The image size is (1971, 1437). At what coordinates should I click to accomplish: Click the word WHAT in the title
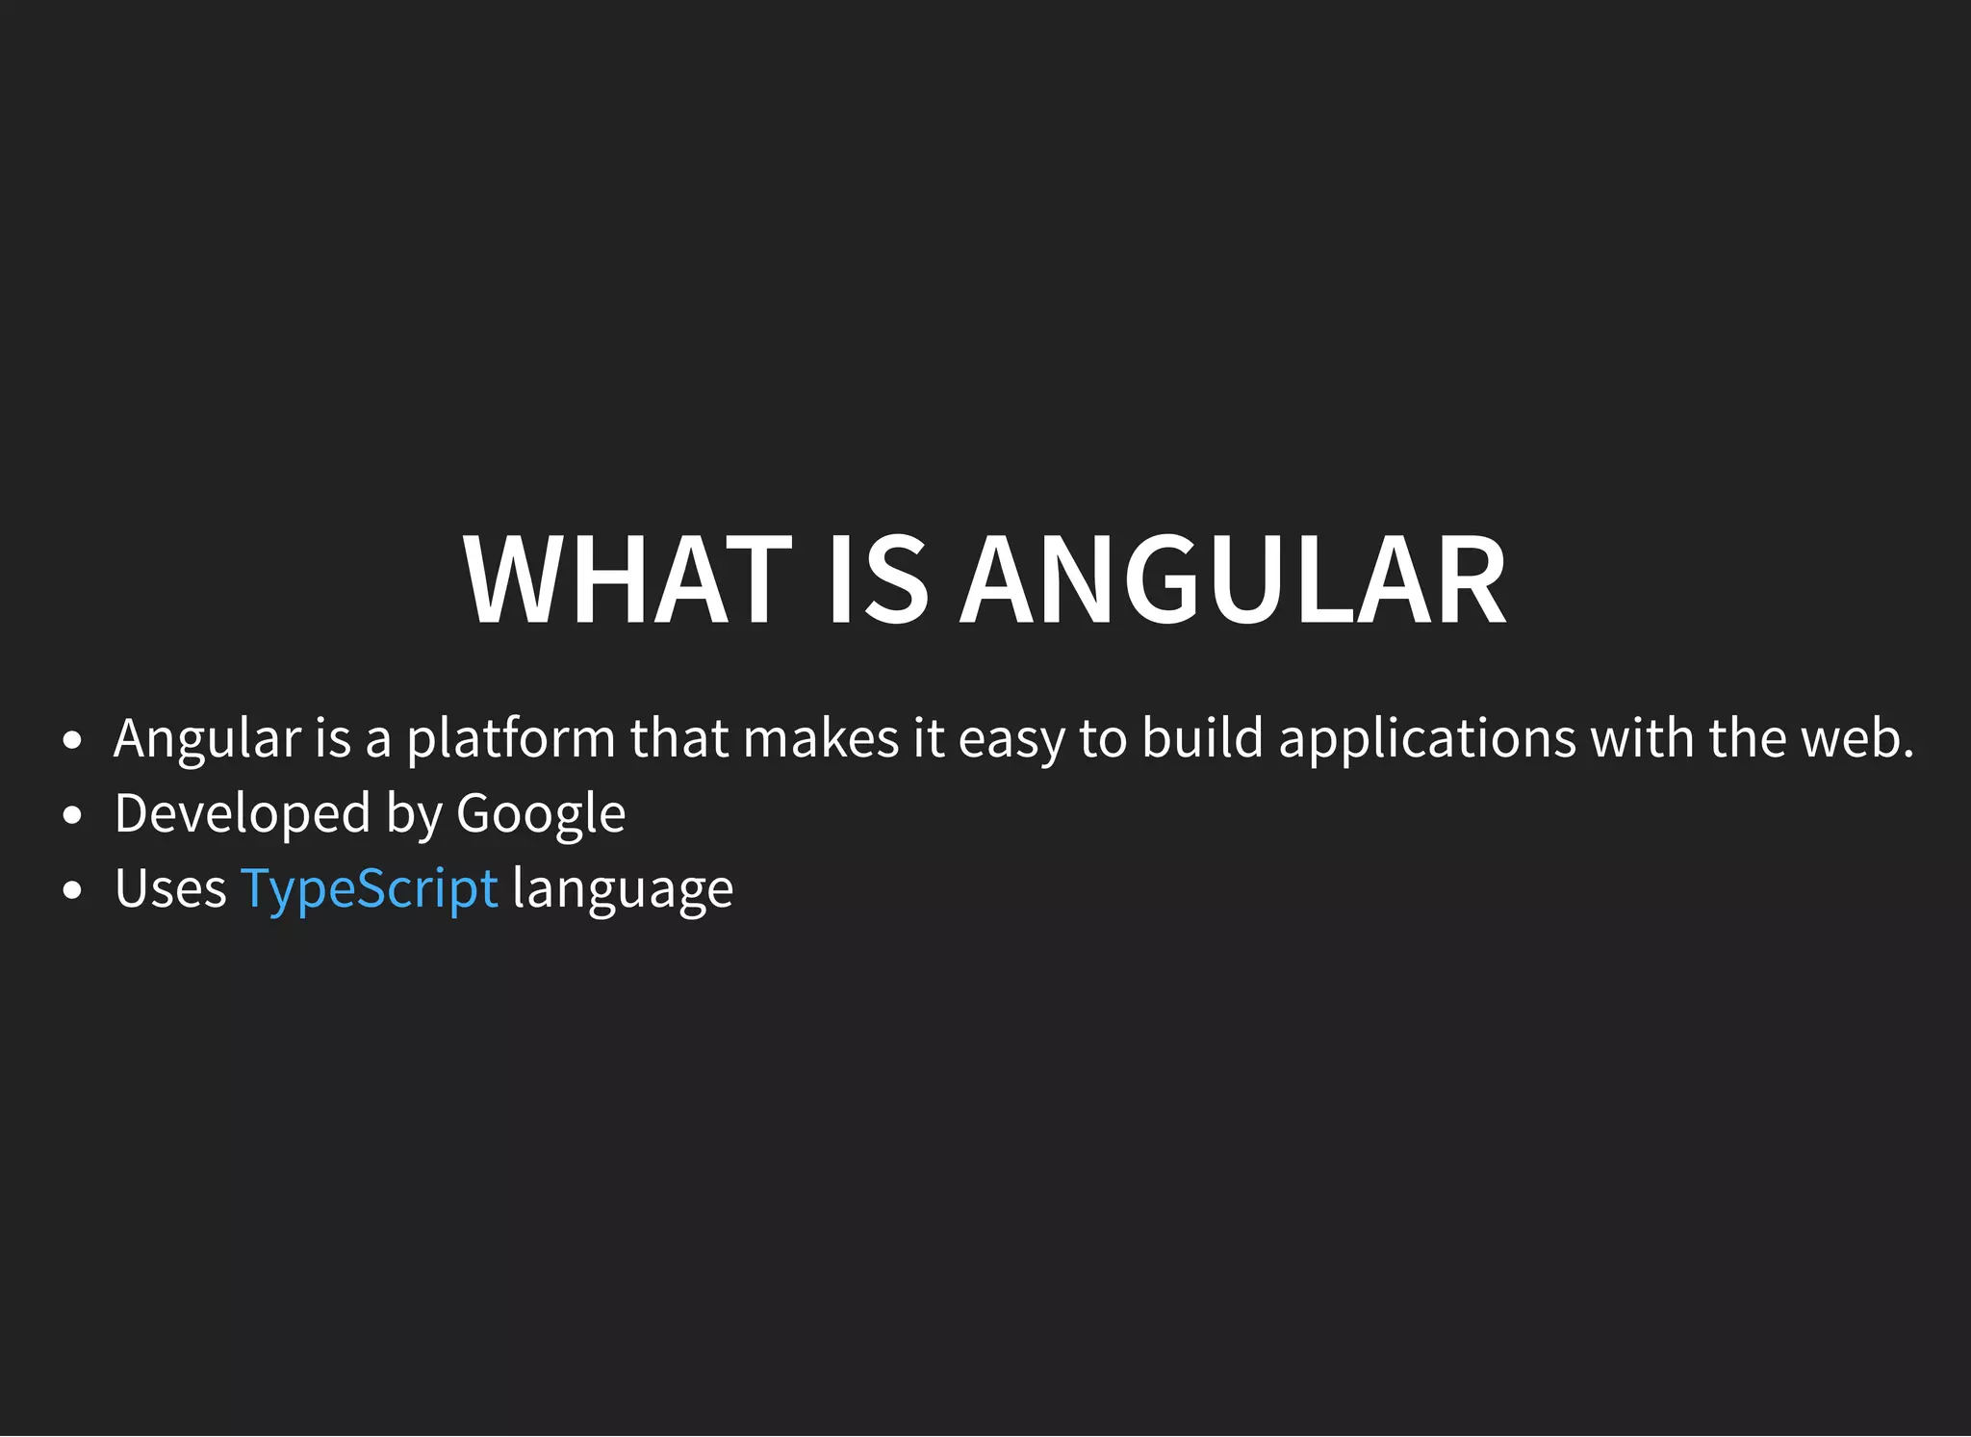[627, 580]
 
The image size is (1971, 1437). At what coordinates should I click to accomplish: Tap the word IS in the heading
[878, 580]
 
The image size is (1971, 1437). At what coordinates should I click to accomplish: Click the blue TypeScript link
[369, 888]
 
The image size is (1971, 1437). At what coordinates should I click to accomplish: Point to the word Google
[541, 814]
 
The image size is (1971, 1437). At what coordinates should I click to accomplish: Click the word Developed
[243, 814]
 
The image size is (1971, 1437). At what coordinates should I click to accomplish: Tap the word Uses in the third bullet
[170, 888]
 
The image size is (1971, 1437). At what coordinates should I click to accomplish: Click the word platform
[511, 739]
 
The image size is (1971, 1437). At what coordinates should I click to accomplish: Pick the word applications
[1427, 739]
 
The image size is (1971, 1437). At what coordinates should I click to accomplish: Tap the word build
[1202, 739]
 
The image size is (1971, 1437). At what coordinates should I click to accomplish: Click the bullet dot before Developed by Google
[72, 816]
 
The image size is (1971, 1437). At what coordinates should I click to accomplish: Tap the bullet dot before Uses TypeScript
[72, 891]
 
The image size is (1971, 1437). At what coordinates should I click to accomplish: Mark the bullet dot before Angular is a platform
[72, 741]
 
